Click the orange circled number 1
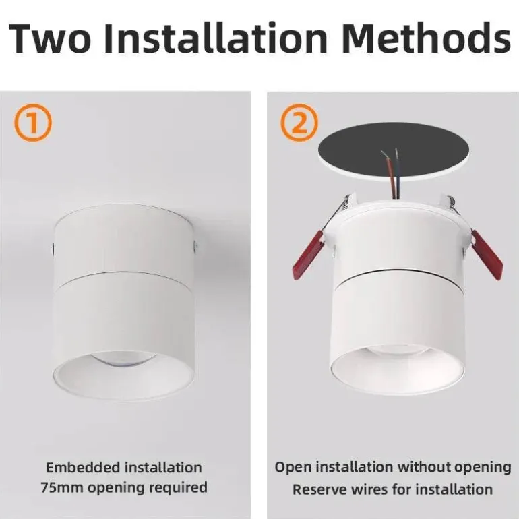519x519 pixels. [33, 123]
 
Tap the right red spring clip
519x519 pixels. [487, 254]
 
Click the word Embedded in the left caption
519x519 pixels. [83, 468]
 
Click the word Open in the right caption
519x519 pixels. [293, 468]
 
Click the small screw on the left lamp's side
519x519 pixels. [195, 245]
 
